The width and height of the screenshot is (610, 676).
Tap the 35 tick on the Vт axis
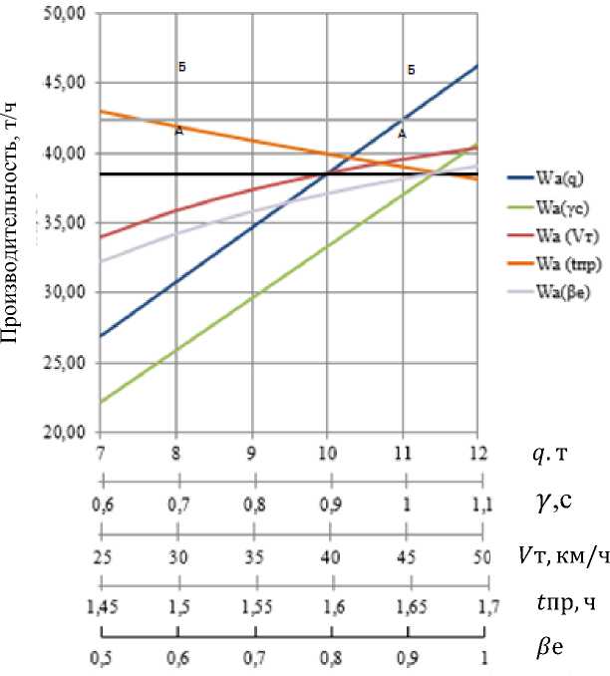pos(252,556)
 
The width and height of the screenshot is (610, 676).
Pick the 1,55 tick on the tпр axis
pos(252,605)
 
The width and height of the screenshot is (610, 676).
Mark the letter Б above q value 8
pos(182,68)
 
